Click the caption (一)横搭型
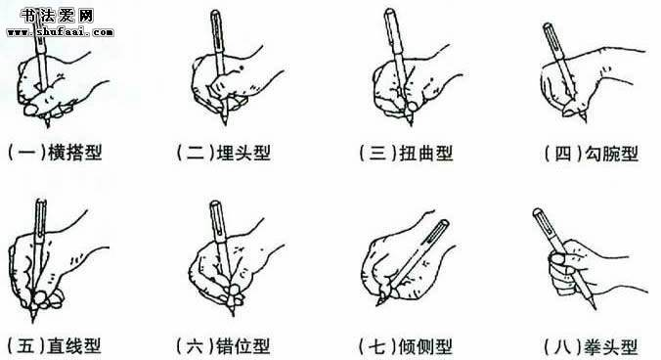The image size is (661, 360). coord(55,153)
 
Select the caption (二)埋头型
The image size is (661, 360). coord(223,153)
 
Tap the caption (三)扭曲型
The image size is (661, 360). coord(406,153)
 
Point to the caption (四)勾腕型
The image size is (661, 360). coord(592,153)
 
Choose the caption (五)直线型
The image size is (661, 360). coord(55,346)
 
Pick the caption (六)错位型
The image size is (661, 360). coord(223,346)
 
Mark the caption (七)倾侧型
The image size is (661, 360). coord(406,346)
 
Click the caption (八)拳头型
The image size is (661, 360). coord(591,347)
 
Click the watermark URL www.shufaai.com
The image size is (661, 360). coord(61,32)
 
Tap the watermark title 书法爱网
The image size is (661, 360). coord(57,16)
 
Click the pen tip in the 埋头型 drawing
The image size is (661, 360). coord(226,123)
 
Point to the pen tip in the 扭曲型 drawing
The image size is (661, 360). coord(411,124)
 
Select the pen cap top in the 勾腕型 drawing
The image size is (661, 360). coord(547,26)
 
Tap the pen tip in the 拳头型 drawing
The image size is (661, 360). coord(595,308)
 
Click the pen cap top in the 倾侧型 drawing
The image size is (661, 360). coord(444,222)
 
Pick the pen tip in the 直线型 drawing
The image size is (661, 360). coord(33,321)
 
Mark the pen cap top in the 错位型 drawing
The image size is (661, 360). coord(215,203)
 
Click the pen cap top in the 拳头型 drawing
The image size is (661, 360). coord(537,211)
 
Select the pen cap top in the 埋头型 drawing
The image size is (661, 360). coord(215,13)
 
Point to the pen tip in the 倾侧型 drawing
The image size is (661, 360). coord(377,305)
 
